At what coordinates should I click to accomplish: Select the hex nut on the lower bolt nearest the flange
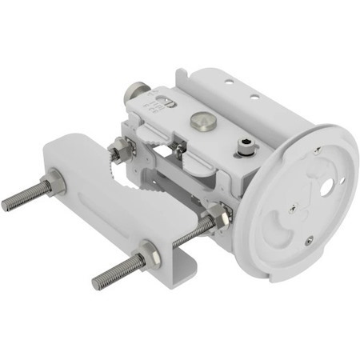click(x=217, y=215)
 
